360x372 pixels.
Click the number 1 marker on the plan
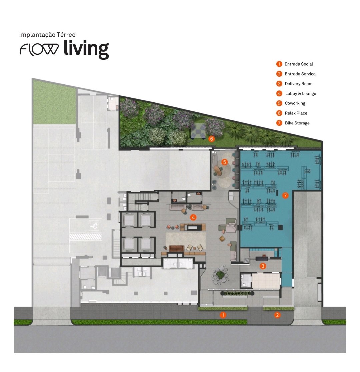223,315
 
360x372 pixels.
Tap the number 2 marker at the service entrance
277,315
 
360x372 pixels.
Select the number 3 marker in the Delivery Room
263,266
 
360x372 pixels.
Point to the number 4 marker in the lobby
193,217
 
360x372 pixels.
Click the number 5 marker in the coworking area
224,162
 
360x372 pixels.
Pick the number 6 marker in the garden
212,138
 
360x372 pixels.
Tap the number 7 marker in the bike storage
285,195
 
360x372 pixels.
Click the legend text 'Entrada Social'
299,64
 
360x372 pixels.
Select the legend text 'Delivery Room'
299,84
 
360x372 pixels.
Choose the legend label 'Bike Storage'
297,123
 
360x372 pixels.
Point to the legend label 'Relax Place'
296,113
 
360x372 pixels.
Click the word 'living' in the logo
86,49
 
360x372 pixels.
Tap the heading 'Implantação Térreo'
47,35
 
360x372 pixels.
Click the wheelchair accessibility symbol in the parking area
94,225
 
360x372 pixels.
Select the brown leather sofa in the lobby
176,248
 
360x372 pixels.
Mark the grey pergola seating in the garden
198,131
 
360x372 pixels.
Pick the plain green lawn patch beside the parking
54,102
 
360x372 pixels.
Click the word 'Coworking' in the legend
295,103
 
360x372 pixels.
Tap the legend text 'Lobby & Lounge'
301,93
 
